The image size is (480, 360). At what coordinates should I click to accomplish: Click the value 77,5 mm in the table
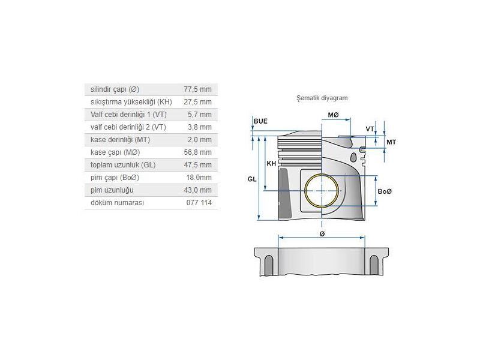[197, 89]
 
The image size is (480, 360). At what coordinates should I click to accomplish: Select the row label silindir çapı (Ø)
[115, 89]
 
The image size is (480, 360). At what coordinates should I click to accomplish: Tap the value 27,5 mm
[197, 101]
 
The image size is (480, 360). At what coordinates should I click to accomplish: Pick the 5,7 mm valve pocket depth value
[199, 114]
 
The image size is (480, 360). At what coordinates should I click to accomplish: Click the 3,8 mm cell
[199, 127]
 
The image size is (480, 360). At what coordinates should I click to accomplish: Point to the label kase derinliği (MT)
[120, 139]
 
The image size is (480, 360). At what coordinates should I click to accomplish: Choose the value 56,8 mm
[197, 152]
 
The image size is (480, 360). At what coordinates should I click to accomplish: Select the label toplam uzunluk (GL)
[122, 165]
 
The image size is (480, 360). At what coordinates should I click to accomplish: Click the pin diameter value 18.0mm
[199, 178]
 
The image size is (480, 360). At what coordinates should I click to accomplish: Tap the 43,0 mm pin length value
[197, 190]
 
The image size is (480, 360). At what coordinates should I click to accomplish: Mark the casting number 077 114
[199, 203]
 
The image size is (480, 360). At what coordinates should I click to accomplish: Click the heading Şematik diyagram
[322, 97]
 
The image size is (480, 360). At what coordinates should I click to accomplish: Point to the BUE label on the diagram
[260, 121]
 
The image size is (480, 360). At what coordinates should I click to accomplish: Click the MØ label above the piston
[333, 115]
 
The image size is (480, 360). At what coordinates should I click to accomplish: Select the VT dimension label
[370, 129]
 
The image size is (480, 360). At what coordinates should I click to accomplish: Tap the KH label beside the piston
[272, 163]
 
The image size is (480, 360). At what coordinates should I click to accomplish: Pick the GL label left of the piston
[251, 179]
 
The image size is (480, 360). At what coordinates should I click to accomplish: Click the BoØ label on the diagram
[385, 191]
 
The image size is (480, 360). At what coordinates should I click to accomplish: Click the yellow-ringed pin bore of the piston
[322, 191]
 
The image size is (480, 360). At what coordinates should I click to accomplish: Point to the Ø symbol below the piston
[322, 233]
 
